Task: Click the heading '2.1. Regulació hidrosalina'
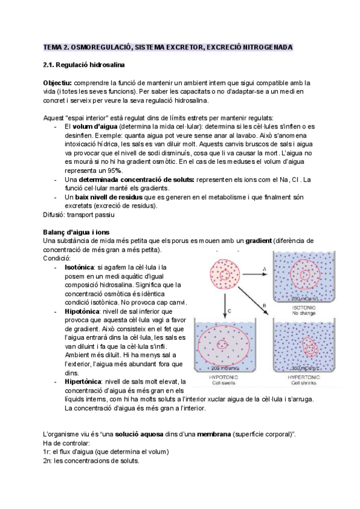pos(84,64)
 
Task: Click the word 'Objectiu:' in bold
pos(58,82)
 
